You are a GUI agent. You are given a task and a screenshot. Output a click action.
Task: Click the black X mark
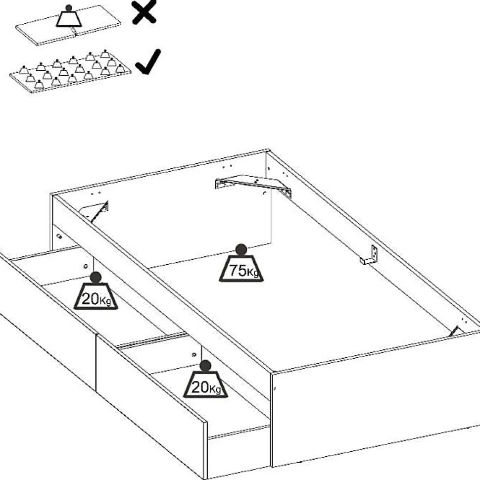click(x=144, y=12)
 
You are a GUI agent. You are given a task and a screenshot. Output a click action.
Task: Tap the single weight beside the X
click(x=69, y=17)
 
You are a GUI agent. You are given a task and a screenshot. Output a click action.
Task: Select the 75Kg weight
click(x=241, y=267)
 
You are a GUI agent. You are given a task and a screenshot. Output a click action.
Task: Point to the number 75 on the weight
click(x=236, y=271)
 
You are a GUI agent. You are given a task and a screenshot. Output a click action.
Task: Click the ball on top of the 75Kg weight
click(x=241, y=249)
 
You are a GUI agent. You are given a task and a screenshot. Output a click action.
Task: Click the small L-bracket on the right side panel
click(x=370, y=255)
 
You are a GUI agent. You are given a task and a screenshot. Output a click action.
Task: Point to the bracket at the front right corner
click(x=457, y=331)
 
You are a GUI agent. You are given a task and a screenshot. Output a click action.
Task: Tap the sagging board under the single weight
click(x=69, y=31)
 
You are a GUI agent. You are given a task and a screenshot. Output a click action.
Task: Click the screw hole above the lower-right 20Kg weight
click(x=193, y=354)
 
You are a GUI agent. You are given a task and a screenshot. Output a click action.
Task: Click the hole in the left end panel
click(x=59, y=237)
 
